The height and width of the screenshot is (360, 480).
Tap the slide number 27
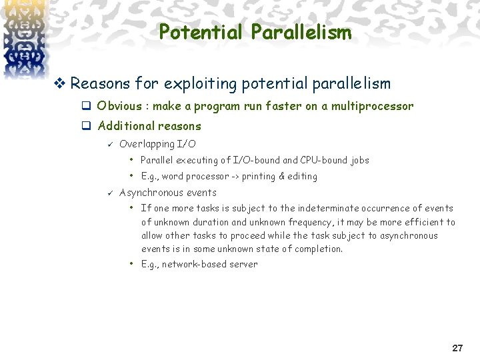coord(457,348)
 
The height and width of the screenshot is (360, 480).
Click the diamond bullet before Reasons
coord(61,84)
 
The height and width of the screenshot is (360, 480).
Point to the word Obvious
coord(119,106)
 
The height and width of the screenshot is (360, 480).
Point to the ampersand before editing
coord(282,177)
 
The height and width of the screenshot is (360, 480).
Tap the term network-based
coord(195,264)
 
